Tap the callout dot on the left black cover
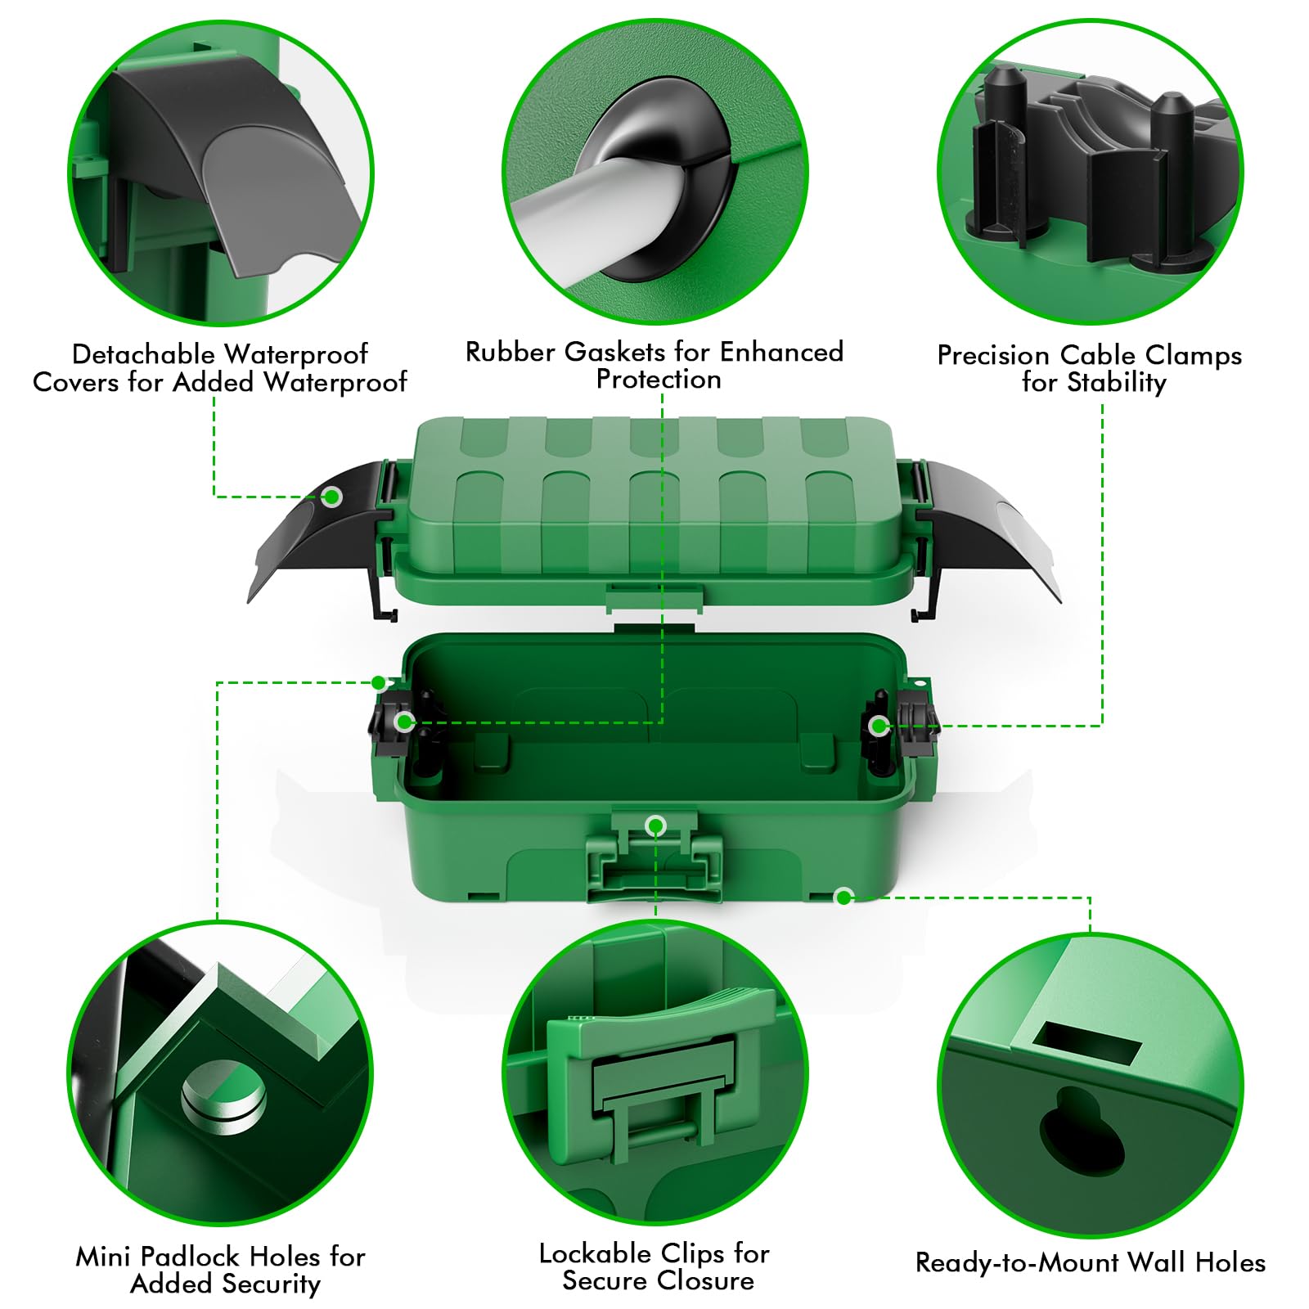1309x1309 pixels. point(331,496)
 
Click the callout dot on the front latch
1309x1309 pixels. point(655,826)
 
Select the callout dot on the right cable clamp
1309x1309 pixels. point(878,726)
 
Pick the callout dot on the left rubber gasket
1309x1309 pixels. point(404,722)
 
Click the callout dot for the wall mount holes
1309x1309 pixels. point(843,897)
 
